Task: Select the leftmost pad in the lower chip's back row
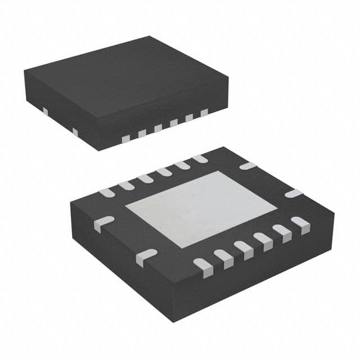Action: tap(107, 192)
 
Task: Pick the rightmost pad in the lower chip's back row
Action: tap(199, 159)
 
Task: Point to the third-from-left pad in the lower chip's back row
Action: tap(145, 178)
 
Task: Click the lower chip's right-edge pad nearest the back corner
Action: tap(247, 166)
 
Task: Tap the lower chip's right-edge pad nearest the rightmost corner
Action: tap(294, 193)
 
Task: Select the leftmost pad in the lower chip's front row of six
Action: tap(201, 264)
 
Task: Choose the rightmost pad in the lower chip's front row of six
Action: tap(300, 226)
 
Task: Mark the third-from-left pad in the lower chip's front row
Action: tap(243, 247)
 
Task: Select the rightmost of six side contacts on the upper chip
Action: tap(204, 113)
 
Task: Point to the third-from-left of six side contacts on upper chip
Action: tap(158, 128)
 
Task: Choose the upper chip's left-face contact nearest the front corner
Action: tap(75, 132)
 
